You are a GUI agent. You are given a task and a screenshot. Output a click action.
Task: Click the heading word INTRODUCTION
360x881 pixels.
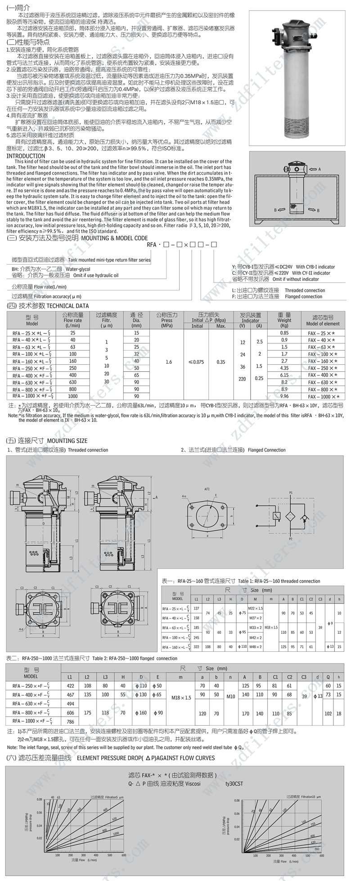[26, 156]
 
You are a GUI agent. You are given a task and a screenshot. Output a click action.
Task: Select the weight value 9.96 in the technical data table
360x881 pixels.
[284, 396]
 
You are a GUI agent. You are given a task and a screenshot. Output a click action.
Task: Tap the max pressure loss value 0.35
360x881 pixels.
[221, 361]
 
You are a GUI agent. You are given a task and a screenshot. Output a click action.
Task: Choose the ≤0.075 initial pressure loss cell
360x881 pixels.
[196, 361]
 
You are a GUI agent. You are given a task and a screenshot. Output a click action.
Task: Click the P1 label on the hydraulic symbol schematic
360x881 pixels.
[291, 493]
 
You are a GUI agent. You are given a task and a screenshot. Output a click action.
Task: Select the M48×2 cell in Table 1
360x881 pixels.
[255, 647]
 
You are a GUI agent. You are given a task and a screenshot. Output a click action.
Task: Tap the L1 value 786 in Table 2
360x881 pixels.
[70, 722]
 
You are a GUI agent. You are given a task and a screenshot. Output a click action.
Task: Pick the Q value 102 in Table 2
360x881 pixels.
[328, 714]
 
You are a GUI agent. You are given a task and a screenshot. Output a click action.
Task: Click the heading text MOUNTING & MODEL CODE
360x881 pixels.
[114, 238]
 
